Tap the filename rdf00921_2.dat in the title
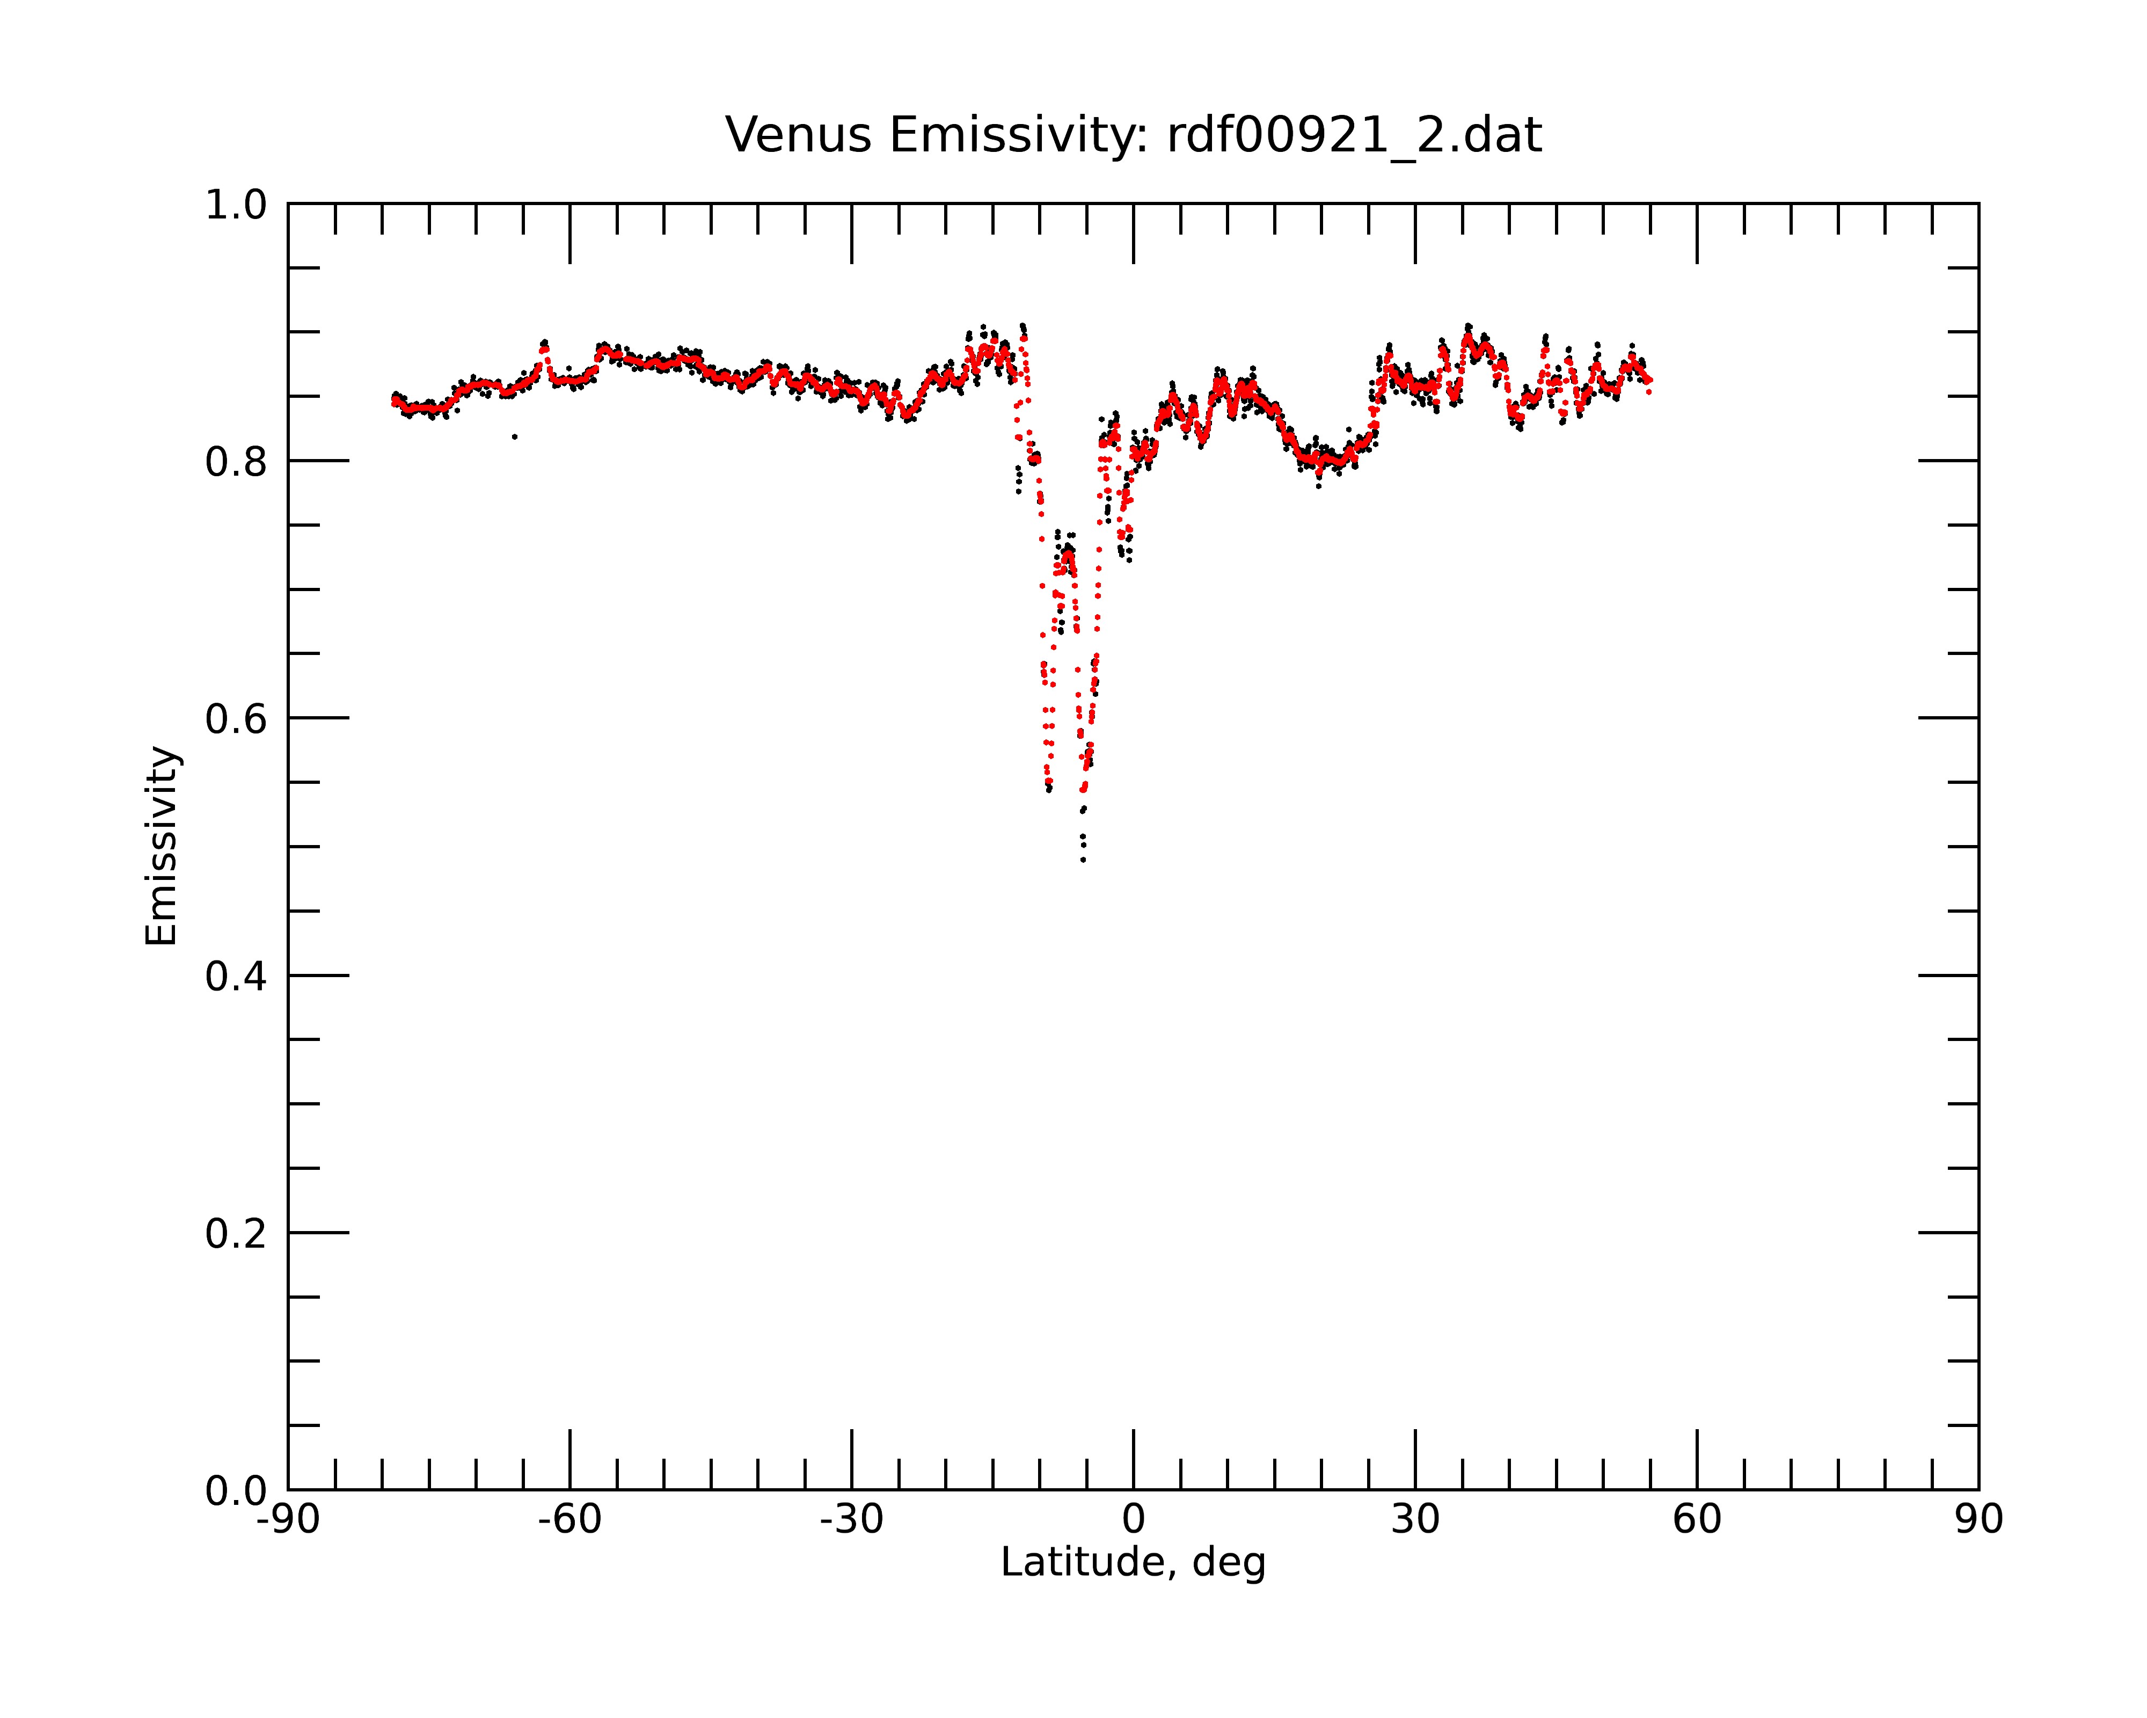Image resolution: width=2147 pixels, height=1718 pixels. (1354, 135)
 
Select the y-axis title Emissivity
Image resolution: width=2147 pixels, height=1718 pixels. (162, 846)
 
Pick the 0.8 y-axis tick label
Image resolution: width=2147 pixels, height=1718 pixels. (236, 462)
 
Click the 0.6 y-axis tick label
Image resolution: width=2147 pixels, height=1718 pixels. (236, 719)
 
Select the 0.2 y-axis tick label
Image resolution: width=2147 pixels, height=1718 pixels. (236, 1234)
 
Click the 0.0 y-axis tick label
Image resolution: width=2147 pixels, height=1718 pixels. (236, 1491)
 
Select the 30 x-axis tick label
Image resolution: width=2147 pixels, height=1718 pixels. (1415, 1520)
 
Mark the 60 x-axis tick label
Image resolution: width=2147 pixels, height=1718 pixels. (1697, 1520)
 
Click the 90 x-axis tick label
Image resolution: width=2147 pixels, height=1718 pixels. (1978, 1520)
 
